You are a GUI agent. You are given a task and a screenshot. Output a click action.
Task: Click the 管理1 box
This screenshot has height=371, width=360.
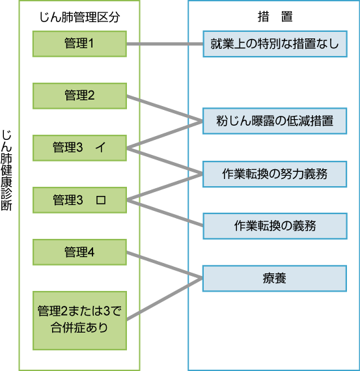[79, 44]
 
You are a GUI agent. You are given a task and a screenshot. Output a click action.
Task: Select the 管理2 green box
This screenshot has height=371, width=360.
[79, 96]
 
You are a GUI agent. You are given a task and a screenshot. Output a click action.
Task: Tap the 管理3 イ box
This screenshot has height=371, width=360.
[79, 148]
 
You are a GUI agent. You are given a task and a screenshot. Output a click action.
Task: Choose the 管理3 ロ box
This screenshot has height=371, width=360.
[79, 200]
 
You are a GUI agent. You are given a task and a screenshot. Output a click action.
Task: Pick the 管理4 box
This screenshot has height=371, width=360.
[79, 252]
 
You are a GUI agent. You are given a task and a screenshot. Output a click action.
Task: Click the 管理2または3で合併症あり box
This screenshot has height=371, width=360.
[79, 320]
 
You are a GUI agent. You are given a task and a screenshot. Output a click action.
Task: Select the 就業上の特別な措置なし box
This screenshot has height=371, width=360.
[275, 44]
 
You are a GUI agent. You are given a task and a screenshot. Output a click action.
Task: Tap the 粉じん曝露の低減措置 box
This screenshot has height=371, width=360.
[275, 121]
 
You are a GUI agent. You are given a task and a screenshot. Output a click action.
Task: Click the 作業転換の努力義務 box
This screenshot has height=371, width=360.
[275, 174]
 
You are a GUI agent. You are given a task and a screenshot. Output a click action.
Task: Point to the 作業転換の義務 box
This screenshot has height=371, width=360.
[275, 226]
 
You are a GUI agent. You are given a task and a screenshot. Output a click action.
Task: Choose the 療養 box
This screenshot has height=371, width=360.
[275, 279]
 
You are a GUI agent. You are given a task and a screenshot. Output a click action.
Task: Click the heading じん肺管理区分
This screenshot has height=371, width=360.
[79, 18]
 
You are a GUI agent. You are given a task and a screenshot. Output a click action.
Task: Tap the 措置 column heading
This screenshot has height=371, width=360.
[275, 17]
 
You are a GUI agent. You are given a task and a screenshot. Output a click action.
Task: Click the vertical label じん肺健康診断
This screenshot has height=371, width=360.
[7, 170]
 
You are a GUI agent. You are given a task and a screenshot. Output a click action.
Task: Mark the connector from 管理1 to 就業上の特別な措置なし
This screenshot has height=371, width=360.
[165, 44]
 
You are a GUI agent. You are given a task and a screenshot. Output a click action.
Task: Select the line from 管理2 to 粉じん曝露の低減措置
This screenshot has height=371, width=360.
[165, 108]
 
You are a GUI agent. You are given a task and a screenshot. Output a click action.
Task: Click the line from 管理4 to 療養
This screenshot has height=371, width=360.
[165, 265]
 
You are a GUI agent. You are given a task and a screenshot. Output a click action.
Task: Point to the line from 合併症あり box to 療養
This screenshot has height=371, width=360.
[165, 299]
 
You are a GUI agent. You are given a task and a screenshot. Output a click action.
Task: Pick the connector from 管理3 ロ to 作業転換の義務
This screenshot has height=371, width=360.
[165, 213]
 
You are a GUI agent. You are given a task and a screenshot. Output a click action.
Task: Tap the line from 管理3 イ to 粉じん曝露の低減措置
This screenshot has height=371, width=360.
[165, 135]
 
